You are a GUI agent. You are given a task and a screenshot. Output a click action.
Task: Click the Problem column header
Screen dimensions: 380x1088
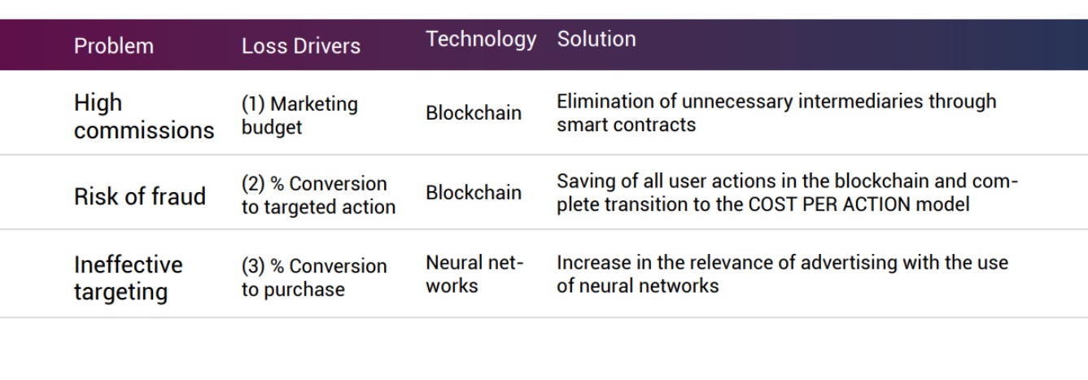click(x=113, y=46)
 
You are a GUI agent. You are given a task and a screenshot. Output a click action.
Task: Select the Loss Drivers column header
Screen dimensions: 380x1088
click(x=300, y=46)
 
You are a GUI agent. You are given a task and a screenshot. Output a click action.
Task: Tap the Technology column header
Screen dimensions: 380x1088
click(x=480, y=39)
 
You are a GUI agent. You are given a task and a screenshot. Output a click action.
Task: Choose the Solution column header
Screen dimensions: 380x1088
click(x=596, y=38)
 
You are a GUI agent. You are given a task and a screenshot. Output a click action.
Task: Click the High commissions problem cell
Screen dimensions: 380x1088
click(x=143, y=116)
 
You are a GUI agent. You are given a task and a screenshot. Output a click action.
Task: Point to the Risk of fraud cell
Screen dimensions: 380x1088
click(x=139, y=196)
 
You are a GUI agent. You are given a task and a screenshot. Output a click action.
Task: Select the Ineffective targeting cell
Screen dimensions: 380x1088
click(x=128, y=277)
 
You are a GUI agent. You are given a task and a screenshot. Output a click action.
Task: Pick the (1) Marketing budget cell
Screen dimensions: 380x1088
click(x=299, y=116)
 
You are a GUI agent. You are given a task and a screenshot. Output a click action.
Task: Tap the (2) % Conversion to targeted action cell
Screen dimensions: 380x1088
click(x=317, y=195)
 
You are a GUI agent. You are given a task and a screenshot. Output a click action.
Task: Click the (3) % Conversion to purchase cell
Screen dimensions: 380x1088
click(x=313, y=277)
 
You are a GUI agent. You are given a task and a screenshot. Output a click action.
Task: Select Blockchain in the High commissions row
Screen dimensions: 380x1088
click(x=473, y=113)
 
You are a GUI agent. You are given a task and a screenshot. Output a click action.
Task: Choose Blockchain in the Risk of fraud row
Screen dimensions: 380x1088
click(x=473, y=193)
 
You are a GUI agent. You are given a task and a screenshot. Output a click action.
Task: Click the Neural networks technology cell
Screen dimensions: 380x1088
click(x=474, y=274)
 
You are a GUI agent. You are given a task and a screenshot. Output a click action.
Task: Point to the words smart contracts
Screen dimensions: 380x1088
click(x=626, y=124)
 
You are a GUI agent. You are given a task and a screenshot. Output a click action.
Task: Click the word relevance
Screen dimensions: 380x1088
click(x=746, y=263)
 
